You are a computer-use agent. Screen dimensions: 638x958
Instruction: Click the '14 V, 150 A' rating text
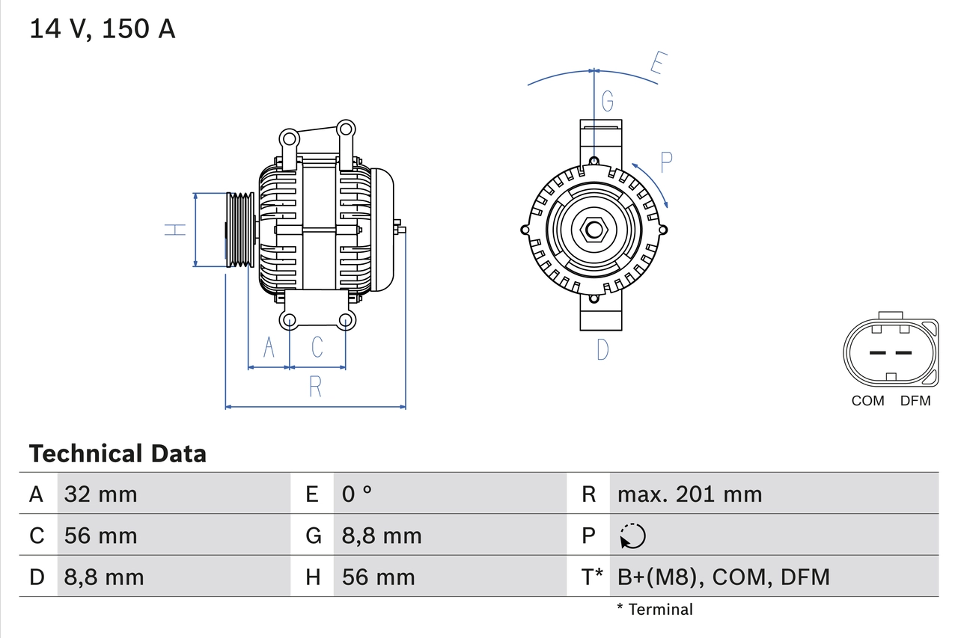click(103, 29)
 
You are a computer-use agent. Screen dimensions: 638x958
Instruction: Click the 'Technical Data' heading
click(118, 454)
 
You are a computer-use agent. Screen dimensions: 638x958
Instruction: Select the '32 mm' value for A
click(101, 494)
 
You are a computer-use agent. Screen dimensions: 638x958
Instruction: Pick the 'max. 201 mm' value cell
click(689, 494)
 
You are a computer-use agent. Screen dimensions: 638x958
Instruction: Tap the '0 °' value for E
click(357, 494)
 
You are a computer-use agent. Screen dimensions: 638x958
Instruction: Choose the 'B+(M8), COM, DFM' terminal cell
click(723, 577)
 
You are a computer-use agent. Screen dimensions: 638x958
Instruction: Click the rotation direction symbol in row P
click(632, 536)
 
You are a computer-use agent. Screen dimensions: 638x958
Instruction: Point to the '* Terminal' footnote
click(655, 610)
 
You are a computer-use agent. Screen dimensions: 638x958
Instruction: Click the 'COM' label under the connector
click(867, 401)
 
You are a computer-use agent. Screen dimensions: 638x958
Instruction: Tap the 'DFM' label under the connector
click(915, 401)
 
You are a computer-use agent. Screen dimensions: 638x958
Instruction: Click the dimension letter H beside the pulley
click(175, 230)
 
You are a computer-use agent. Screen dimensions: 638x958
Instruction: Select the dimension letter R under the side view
click(315, 387)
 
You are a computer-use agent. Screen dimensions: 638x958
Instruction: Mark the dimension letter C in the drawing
click(317, 347)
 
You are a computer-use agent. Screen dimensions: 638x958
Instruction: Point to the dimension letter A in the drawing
click(269, 347)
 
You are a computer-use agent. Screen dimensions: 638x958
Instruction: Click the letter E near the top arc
click(657, 64)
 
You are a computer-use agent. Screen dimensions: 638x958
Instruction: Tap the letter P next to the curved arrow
click(666, 160)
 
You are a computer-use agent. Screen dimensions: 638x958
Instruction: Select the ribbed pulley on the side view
click(241, 230)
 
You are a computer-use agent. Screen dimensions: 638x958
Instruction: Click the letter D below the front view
click(602, 349)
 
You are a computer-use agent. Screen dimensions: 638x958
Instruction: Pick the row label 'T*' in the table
click(592, 577)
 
